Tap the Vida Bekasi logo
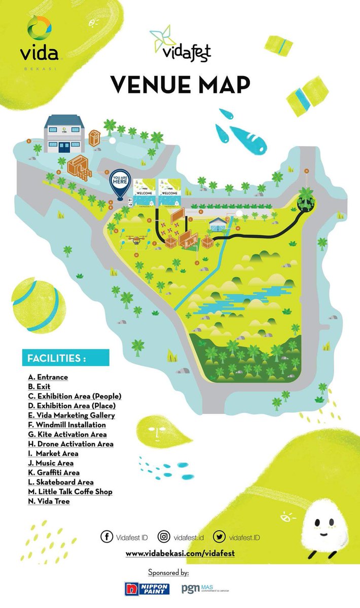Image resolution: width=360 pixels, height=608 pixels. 39,43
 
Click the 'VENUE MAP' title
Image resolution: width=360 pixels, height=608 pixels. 181,84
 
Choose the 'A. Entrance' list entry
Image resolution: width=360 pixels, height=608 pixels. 48,377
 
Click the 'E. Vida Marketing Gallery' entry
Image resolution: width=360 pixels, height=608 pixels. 71,415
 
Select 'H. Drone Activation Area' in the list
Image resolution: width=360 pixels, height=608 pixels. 70,444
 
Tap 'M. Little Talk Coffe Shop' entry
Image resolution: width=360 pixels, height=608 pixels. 70,492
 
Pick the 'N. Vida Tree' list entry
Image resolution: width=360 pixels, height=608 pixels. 49,502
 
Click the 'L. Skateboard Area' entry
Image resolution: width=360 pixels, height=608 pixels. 61,482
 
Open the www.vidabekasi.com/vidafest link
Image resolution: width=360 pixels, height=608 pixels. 180,554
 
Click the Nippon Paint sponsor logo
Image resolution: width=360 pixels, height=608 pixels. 147,588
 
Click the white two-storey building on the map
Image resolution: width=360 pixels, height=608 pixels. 63,133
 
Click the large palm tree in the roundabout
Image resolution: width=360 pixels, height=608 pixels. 306,199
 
